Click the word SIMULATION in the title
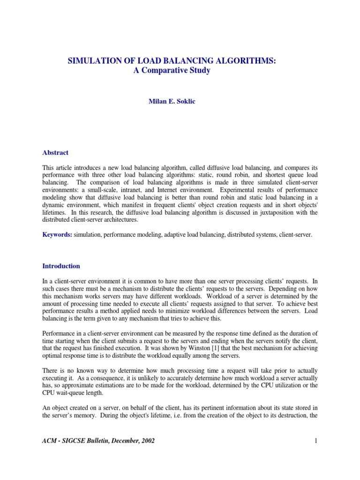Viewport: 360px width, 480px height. coord(91,61)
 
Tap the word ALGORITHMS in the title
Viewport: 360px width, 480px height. coord(252,61)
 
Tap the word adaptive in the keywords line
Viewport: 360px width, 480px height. coord(161,234)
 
